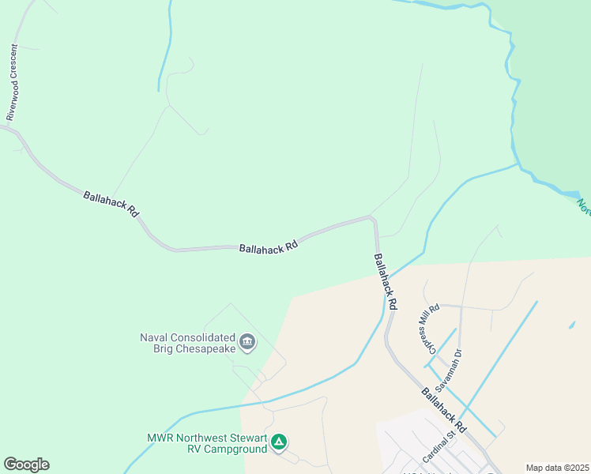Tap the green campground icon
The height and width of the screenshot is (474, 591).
pos(279,442)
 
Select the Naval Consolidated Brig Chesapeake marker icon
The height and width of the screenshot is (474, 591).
pos(247,342)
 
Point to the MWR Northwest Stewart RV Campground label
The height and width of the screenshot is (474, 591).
pos(208,444)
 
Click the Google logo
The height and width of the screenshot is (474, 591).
pos(26,465)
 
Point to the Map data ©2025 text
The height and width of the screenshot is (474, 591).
pos(556,468)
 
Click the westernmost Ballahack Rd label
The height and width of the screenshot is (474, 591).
pos(111,204)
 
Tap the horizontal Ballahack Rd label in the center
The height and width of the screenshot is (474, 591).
pos(269,246)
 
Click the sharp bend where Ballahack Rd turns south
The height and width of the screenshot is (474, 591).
pos(374,220)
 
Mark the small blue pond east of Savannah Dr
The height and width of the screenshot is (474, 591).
pos(571,324)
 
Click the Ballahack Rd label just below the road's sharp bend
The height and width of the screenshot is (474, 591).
pos(385,280)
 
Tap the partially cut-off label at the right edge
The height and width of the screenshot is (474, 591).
pos(584,206)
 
